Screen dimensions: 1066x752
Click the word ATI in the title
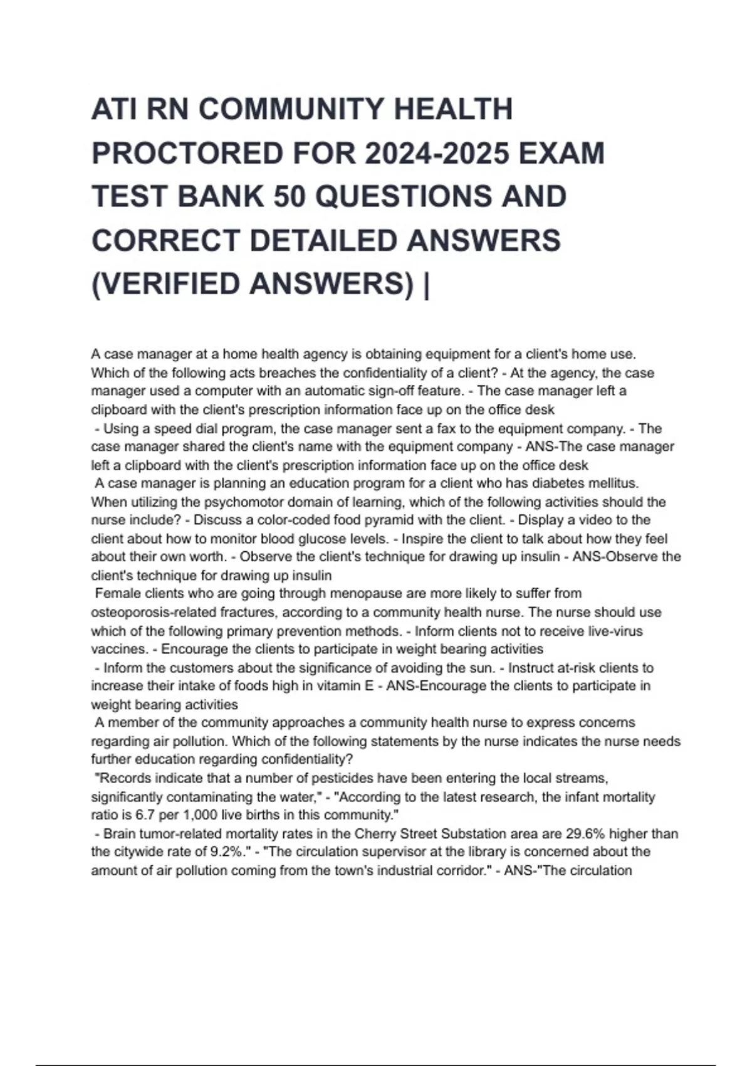click(113, 110)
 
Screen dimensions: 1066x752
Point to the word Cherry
click(374, 835)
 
